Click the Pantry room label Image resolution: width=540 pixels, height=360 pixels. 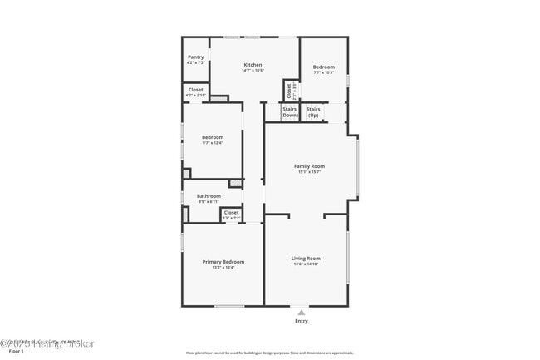(x=195, y=57)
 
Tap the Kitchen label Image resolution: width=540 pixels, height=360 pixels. (x=253, y=65)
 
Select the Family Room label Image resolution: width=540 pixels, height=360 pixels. (x=309, y=166)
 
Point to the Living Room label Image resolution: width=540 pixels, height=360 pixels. (x=306, y=259)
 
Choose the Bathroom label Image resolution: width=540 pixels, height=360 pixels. (x=209, y=196)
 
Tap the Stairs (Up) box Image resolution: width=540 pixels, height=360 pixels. (x=313, y=111)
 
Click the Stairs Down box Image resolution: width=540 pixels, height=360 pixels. (x=289, y=111)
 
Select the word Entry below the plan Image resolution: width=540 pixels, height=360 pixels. (x=301, y=321)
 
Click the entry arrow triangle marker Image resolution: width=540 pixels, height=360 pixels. (x=301, y=312)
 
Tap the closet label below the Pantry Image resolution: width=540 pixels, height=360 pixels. (x=195, y=89)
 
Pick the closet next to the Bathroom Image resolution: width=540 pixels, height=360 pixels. (x=231, y=212)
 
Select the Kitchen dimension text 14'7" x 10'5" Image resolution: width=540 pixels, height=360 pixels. (x=253, y=71)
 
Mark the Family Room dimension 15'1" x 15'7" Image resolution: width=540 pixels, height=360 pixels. (x=309, y=172)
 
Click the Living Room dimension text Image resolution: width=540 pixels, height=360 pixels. (x=306, y=264)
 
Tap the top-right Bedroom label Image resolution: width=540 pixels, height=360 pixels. (x=323, y=67)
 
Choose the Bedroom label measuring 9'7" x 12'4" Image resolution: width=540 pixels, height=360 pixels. (x=213, y=137)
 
